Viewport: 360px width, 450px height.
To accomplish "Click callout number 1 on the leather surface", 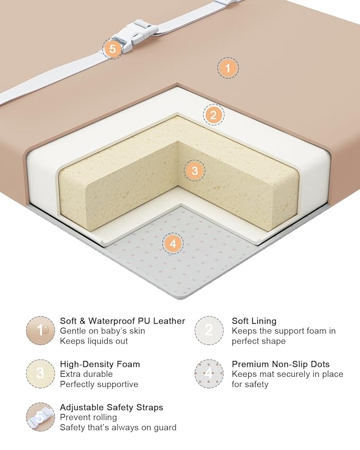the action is (228, 68).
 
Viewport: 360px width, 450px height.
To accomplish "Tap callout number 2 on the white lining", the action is (213, 115).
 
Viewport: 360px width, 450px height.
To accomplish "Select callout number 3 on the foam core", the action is (195, 171).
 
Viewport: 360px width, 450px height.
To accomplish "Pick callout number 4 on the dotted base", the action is (173, 244).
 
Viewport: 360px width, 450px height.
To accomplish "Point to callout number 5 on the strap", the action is (112, 49).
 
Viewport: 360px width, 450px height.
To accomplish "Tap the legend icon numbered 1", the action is (40, 330).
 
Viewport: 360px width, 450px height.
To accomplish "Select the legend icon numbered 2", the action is (209, 330).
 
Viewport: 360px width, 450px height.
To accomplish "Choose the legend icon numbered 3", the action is (40, 373).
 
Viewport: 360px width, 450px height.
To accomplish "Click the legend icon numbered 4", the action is (209, 373).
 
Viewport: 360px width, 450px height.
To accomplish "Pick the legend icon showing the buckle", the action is (40, 417).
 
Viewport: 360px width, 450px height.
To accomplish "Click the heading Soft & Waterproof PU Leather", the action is (122, 321).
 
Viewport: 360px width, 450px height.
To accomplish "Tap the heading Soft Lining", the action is (254, 321).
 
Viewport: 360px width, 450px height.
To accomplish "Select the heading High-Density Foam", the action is (100, 364).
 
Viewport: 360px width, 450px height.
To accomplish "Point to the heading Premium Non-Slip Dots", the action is (281, 364).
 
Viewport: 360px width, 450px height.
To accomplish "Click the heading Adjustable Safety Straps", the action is (111, 407).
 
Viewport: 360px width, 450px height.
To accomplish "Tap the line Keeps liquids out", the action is (94, 341).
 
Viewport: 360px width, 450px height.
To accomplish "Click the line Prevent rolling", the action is (89, 417).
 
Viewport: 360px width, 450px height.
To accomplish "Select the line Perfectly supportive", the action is (99, 384).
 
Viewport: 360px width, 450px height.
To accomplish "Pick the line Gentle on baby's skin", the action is (102, 331).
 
